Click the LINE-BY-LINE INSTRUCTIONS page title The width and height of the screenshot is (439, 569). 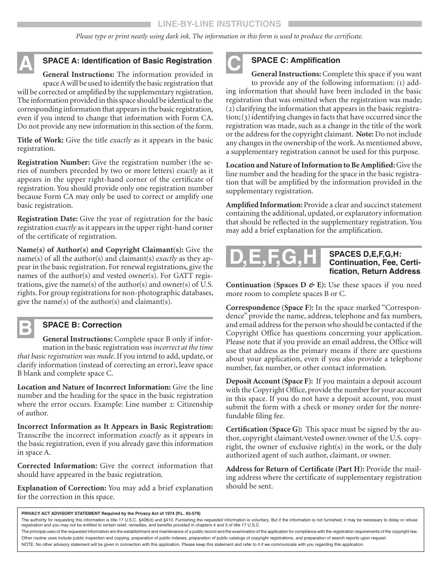(219, 24)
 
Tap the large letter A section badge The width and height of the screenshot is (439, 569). (25, 63)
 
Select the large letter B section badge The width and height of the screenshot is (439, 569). (25, 328)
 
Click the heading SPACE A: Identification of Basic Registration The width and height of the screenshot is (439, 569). (127, 61)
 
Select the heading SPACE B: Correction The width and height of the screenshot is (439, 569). (82, 325)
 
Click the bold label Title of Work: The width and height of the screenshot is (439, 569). (41, 140)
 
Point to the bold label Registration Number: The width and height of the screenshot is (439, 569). (54, 162)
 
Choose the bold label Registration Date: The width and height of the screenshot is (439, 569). (48, 219)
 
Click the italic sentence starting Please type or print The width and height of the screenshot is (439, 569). (219, 37)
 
